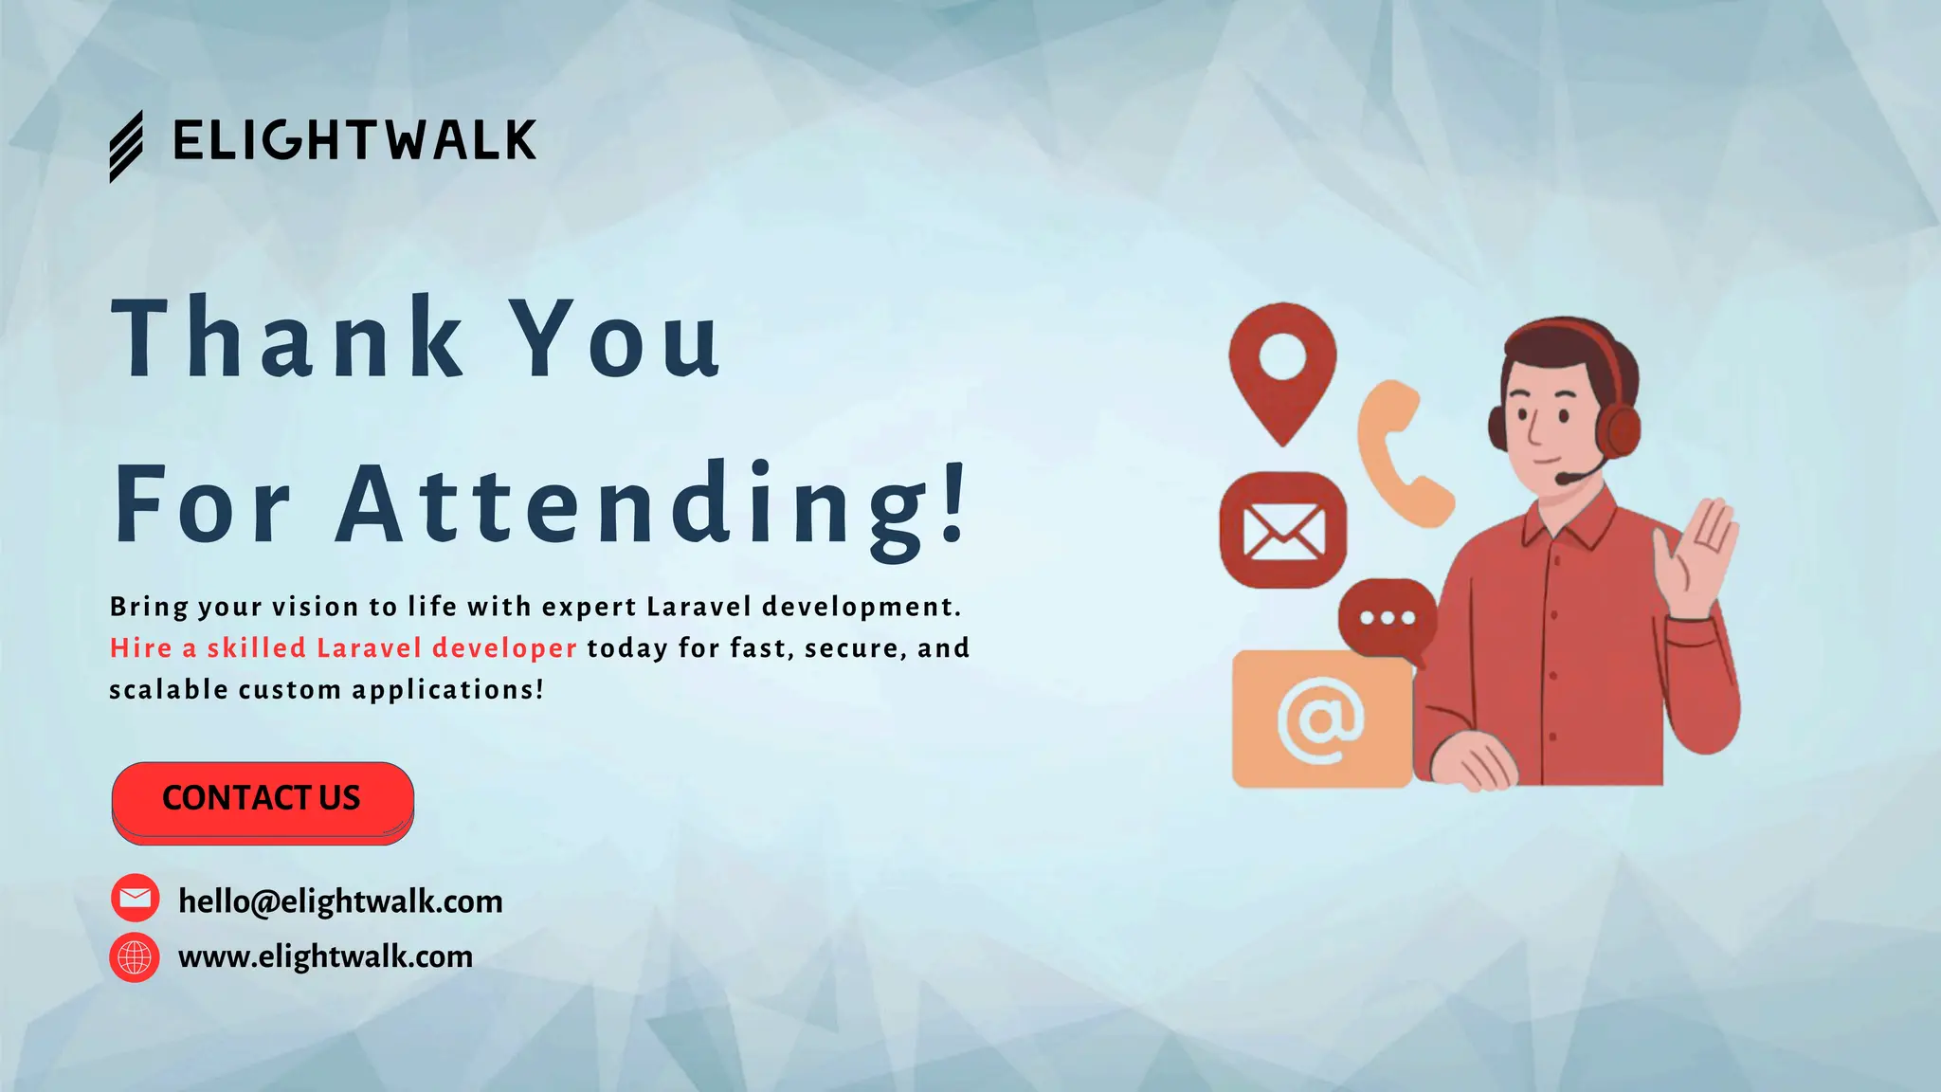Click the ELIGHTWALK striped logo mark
click(x=126, y=147)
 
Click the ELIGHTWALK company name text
click(x=354, y=141)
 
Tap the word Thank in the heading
click(x=287, y=337)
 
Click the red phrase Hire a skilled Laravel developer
click(x=343, y=648)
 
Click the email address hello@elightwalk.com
click(x=340, y=901)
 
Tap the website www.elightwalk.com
click(x=325, y=956)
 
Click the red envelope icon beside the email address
click(x=136, y=898)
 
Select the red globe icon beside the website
click(x=135, y=957)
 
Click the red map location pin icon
click(x=1282, y=370)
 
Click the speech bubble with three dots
click(x=1387, y=618)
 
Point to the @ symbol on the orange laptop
click(x=1319, y=720)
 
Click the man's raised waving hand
click(x=1696, y=559)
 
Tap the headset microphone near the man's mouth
click(x=1565, y=480)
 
